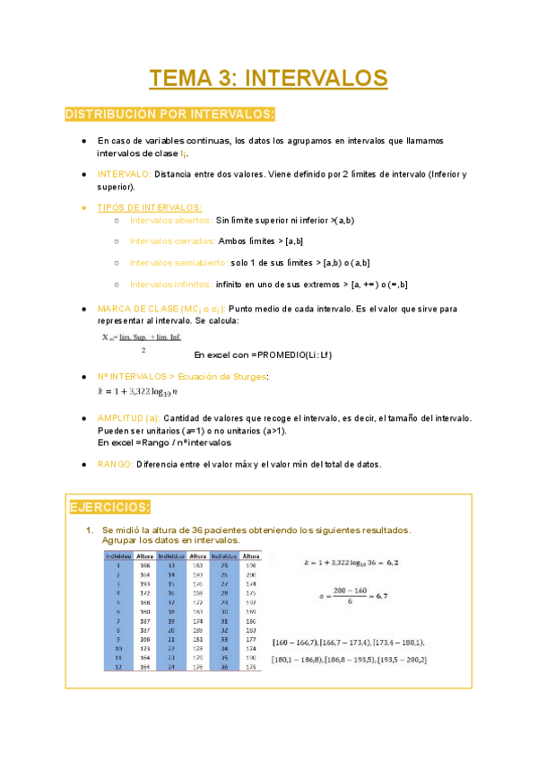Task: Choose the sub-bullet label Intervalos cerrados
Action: pyautogui.click(x=171, y=241)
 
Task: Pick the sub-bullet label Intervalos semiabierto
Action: pyautogui.click(x=178, y=262)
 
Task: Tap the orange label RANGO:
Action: pyautogui.click(x=114, y=464)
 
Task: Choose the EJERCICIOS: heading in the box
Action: pyautogui.click(x=110, y=508)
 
